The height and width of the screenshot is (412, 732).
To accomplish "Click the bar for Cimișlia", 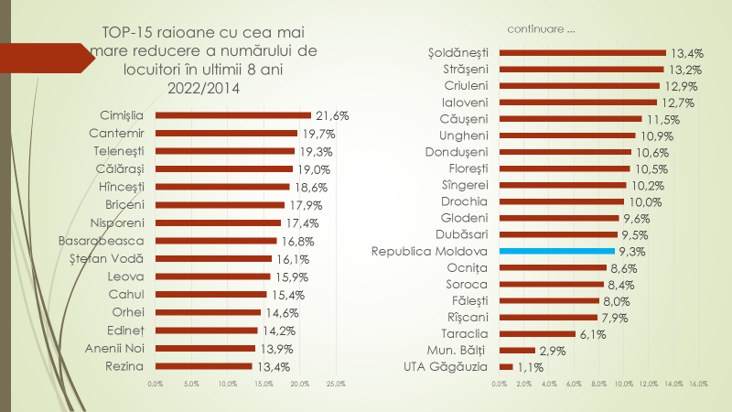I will click(x=233, y=115).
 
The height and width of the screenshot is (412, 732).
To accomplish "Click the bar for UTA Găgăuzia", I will click(x=506, y=367).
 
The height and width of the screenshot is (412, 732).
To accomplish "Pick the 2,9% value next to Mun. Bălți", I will click(x=553, y=351).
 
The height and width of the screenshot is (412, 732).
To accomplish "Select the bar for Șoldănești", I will click(x=582, y=52).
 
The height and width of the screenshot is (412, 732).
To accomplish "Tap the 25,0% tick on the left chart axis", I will click(x=335, y=383).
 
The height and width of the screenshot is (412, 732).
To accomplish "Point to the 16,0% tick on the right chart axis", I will click(x=698, y=383).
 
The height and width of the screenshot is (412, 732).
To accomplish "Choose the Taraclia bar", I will click(x=537, y=333).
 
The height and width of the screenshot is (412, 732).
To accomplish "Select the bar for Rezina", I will click(x=203, y=366).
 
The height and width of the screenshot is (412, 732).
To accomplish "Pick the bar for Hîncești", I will click(x=222, y=187).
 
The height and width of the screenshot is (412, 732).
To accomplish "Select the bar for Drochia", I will click(x=561, y=201).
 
